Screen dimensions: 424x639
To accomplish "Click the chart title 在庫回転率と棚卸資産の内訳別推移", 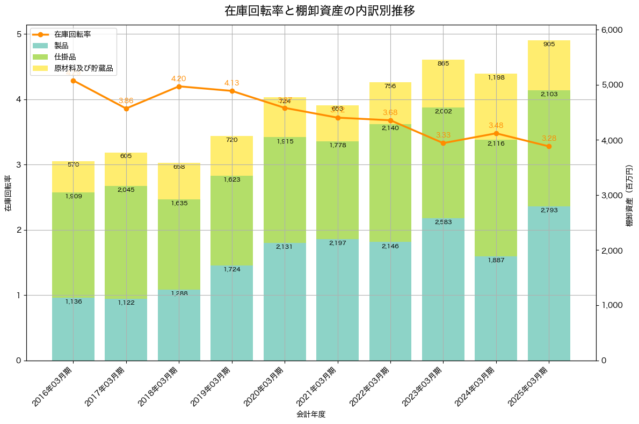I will point(319,11).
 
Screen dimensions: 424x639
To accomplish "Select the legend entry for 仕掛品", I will point(65,57).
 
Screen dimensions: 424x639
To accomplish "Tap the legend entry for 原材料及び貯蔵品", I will point(85,68).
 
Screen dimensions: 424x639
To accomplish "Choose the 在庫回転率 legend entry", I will point(72,34).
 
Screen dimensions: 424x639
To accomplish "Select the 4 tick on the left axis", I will point(18,99).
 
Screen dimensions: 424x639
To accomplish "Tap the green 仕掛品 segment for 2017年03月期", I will point(126,242).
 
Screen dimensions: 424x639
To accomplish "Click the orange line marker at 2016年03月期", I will point(73,81).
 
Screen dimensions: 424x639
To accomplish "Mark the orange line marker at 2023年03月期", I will point(443,143).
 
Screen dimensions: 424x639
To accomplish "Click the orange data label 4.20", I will point(179,78).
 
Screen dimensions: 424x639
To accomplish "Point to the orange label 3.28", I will point(549,138).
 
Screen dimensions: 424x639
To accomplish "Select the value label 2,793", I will point(549,210).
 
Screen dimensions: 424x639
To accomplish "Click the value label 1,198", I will point(496,78).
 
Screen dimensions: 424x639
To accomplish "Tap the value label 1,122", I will point(126,303).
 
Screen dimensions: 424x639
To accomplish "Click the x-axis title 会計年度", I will point(311,414).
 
